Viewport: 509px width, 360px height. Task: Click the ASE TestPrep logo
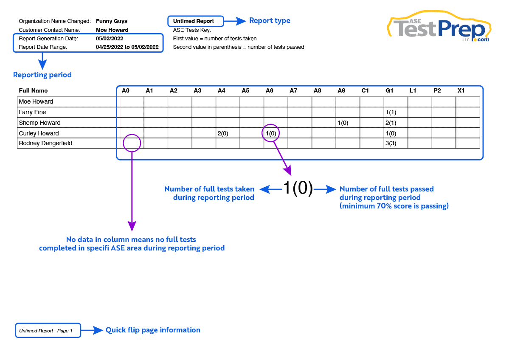click(439, 28)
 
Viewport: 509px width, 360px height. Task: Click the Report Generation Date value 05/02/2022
click(110, 39)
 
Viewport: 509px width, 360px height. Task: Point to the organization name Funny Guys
click(112, 21)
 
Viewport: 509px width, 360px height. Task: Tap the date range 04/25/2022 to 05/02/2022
click(127, 47)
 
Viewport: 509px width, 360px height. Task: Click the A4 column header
click(221, 90)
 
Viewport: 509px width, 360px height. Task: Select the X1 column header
click(461, 90)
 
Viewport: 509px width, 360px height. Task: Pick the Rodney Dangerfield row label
click(45, 143)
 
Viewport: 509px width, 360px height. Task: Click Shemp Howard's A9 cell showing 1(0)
click(343, 123)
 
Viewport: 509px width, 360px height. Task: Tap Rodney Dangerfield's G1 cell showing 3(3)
click(391, 143)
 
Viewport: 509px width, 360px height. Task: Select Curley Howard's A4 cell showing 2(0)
click(223, 133)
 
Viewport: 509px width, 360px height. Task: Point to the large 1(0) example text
click(298, 188)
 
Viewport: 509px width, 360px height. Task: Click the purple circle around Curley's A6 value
click(271, 133)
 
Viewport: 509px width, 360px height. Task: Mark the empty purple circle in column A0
click(132, 143)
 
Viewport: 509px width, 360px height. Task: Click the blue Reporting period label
click(42, 75)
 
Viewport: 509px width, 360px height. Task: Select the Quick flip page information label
click(153, 330)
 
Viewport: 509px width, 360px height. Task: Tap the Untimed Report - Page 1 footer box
click(48, 330)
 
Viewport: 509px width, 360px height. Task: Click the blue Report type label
click(270, 20)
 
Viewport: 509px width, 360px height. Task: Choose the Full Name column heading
click(33, 90)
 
